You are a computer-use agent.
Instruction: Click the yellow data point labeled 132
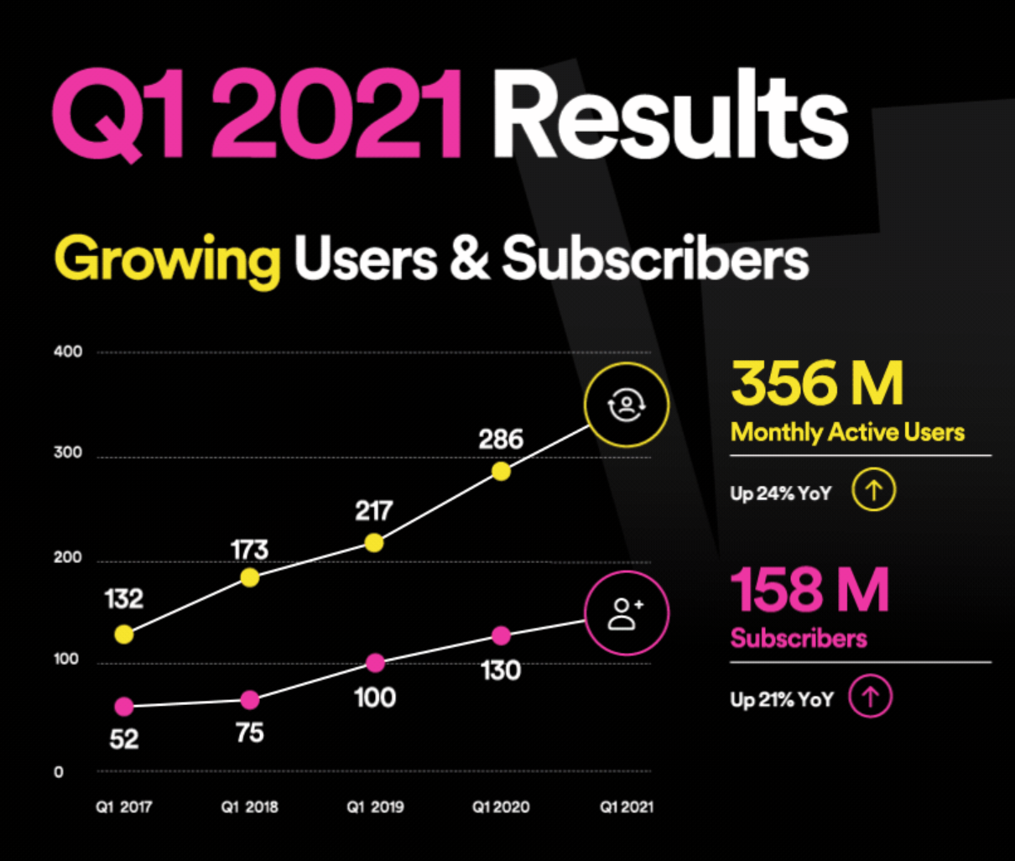click(x=123, y=634)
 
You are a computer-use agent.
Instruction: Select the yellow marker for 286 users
click(x=501, y=472)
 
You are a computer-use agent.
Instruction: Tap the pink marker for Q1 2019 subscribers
click(x=375, y=664)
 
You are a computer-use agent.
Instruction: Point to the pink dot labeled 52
click(x=123, y=707)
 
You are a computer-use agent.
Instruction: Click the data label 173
click(x=249, y=550)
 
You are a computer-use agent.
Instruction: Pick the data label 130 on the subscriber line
click(x=501, y=671)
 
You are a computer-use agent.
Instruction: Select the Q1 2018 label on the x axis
click(x=249, y=807)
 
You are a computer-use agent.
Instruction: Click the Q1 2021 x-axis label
click(x=627, y=807)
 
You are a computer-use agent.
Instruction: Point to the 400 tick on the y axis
click(x=68, y=352)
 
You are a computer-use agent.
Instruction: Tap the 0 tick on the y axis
click(x=59, y=772)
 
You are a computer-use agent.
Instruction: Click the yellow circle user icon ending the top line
click(x=627, y=406)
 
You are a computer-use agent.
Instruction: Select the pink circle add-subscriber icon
click(x=627, y=613)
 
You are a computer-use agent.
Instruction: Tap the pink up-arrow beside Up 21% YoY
click(x=871, y=697)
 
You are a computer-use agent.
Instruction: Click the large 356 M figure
click(x=817, y=384)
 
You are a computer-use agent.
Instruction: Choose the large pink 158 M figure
click(x=809, y=590)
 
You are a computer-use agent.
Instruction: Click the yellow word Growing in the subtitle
click(x=167, y=260)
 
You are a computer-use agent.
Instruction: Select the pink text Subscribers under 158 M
click(x=798, y=639)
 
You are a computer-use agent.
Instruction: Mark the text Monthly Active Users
click(x=847, y=432)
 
